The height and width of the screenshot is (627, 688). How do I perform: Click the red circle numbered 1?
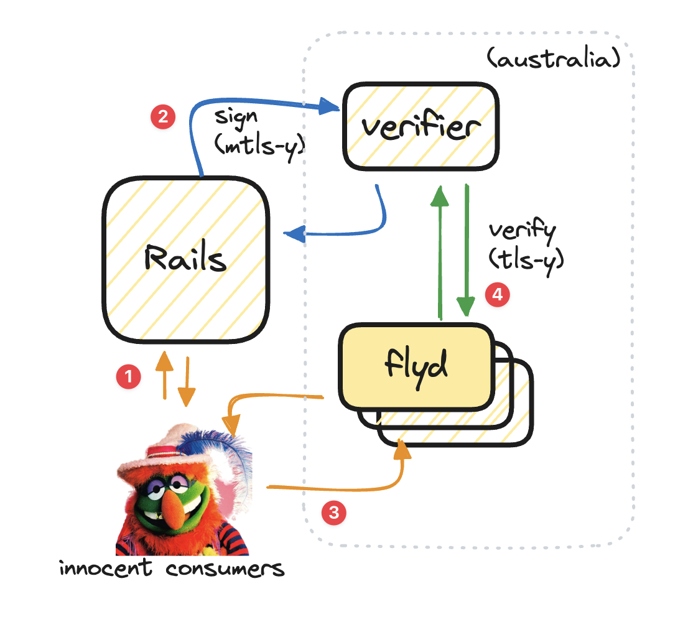[x=129, y=377]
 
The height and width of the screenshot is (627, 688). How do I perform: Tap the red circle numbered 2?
[x=162, y=118]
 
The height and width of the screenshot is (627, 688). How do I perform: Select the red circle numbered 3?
[x=334, y=513]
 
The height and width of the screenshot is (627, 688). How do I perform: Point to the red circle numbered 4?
[x=497, y=295]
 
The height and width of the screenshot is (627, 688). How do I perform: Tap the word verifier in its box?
[x=421, y=127]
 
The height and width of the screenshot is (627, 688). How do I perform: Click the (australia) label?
[x=552, y=60]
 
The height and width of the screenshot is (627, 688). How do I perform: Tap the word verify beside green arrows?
[x=522, y=231]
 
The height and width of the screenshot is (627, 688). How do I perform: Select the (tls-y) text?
[x=526, y=259]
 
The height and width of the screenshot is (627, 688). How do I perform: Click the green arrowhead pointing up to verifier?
[x=440, y=197]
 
